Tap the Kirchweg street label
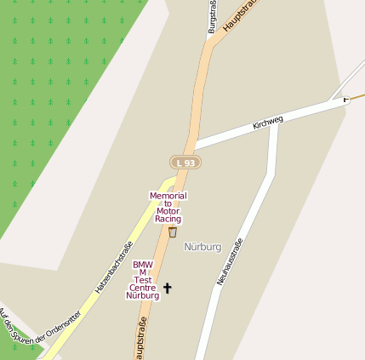tap(267, 123)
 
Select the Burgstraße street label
tap(212, 17)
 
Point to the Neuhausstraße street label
tap(230, 261)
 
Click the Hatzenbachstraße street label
tap(113, 269)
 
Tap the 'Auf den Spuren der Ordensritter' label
tap(39, 333)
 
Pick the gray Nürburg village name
tap(202, 247)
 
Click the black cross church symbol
tap(167, 289)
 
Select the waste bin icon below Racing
tap(173, 231)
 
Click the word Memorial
tap(168, 196)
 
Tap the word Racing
tap(168, 219)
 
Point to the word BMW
tap(143, 265)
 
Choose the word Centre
tap(143, 288)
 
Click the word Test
tap(143, 280)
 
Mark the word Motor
tap(168, 211)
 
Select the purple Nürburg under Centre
tap(143, 295)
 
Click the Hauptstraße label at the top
tap(239, 15)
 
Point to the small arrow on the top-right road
tap(345, 100)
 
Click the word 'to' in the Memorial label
tap(168, 203)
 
